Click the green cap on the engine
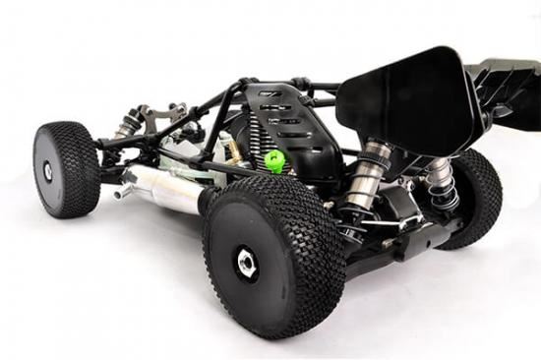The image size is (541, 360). point(274,160)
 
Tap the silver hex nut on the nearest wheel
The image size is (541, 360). point(246,262)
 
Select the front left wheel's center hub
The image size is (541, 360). point(47,171)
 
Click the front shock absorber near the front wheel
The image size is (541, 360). point(127,124)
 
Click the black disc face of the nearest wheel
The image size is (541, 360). point(236,280)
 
